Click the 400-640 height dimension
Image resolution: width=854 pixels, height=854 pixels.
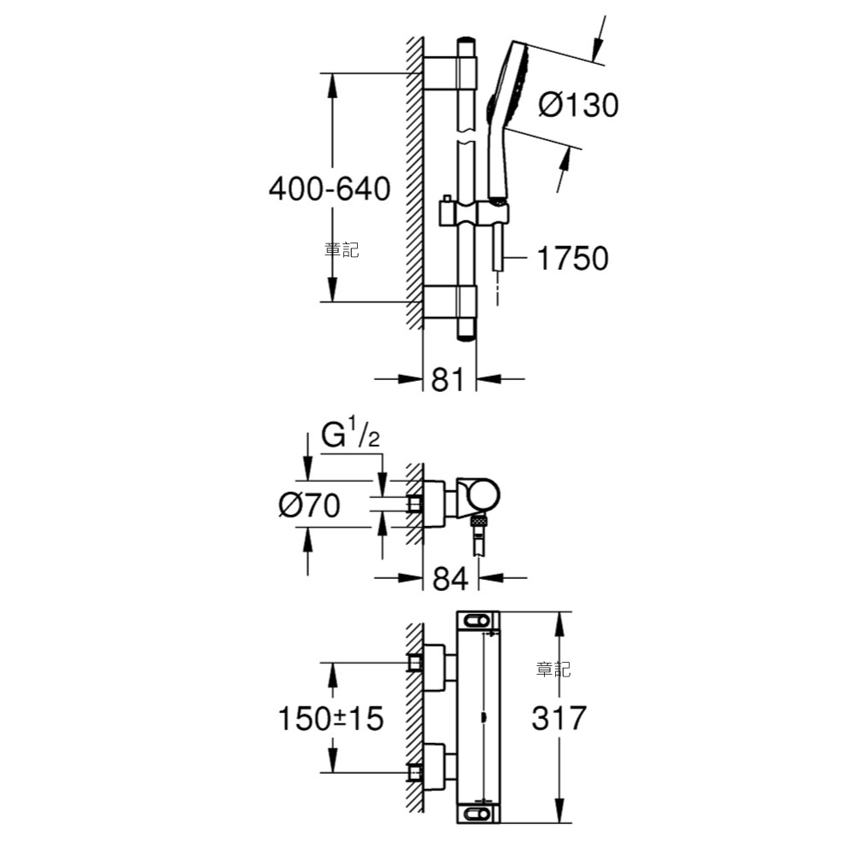pos(330,189)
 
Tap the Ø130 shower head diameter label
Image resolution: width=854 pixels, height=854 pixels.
pos(578,104)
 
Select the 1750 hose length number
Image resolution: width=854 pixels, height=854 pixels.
pos(572,258)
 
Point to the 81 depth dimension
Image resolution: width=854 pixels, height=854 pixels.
pos(447,380)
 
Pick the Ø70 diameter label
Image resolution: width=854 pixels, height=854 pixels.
pos(309,505)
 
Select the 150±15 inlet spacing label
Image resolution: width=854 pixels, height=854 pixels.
pos(330,718)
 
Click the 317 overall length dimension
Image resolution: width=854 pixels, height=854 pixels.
pos(559,718)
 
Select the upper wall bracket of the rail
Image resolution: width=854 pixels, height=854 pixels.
pos(450,73)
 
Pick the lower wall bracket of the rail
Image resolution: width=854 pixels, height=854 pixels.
pos(450,301)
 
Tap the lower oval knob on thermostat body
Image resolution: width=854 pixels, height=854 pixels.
pos(477,814)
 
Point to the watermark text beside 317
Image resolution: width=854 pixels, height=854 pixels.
pos(553,669)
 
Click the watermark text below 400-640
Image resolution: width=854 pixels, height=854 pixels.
pos(342,250)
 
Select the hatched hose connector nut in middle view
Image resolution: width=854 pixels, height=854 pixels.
pos(477,521)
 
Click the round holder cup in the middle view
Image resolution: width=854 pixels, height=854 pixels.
pos(478,495)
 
